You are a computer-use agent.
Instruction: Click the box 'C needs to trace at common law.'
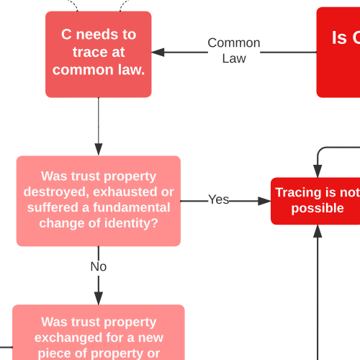tap(99, 53)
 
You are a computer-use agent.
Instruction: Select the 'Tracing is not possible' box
tap(317, 201)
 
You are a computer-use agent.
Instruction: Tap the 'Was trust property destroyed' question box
tap(99, 200)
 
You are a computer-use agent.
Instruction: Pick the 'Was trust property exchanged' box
tap(99, 335)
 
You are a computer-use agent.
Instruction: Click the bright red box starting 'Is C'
tap(339, 52)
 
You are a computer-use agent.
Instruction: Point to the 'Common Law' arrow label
tap(234, 50)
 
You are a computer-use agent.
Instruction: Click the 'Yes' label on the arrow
tap(218, 199)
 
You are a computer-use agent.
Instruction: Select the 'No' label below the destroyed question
tap(99, 266)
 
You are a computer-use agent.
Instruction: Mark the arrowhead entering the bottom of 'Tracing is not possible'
tap(318, 230)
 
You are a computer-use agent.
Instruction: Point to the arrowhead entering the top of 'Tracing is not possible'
tap(318, 171)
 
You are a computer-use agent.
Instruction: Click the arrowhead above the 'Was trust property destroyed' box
tap(99, 150)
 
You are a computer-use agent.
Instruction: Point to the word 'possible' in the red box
tap(318, 209)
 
